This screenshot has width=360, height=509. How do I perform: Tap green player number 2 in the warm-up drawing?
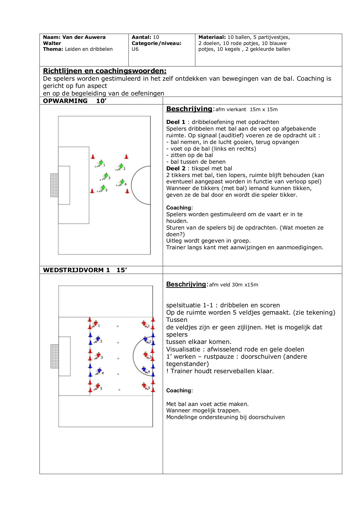[120, 167]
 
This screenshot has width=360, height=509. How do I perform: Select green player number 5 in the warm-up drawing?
[102, 188]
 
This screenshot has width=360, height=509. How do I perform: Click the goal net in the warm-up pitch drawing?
[54, 185]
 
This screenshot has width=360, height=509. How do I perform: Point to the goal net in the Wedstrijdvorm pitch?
[55, 356]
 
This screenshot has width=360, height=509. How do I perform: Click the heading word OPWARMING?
[65, 101]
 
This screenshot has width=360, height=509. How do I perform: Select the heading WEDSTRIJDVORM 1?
[76, 270]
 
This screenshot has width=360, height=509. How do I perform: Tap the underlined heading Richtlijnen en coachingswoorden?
[105, 71]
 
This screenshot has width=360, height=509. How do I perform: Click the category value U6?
[135, 49]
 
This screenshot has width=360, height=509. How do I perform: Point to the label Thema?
[53, 49]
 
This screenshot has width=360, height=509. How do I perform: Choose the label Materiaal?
[212, 37]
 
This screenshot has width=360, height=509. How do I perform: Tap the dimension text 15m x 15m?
[264, 110]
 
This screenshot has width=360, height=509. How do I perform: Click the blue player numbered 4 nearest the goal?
[99, 371]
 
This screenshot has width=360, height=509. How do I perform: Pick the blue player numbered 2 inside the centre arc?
[146, 340]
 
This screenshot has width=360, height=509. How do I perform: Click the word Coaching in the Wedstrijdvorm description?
[179, 391]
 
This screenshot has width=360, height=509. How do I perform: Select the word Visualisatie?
[183, 349]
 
